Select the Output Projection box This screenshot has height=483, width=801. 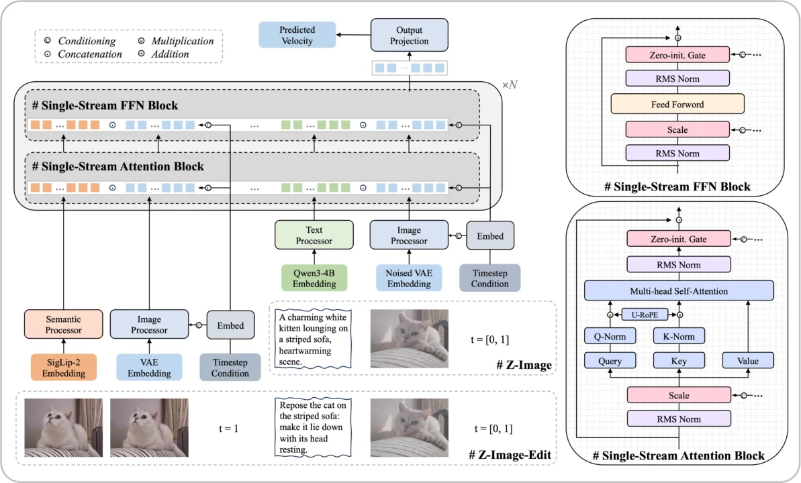click(409, 35)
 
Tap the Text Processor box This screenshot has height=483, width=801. click(314, 235)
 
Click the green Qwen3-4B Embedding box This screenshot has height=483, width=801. click(314, 278)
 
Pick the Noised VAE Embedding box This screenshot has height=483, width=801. click(408, 278)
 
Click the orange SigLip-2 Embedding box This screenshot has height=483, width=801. click(63, 368)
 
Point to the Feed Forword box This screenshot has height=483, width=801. click(677, 104)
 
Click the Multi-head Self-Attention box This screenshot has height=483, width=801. click(678, 290)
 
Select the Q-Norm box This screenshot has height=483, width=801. click(610, 336)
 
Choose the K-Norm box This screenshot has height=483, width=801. click(679, 336)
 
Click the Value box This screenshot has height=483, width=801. click(747, 361)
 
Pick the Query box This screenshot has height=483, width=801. click(610, 361)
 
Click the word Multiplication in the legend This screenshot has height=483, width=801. click(182, 41)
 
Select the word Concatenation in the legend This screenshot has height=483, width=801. click(90, 54)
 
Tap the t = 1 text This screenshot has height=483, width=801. click(230, 428)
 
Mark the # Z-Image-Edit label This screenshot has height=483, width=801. click(510, 456)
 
